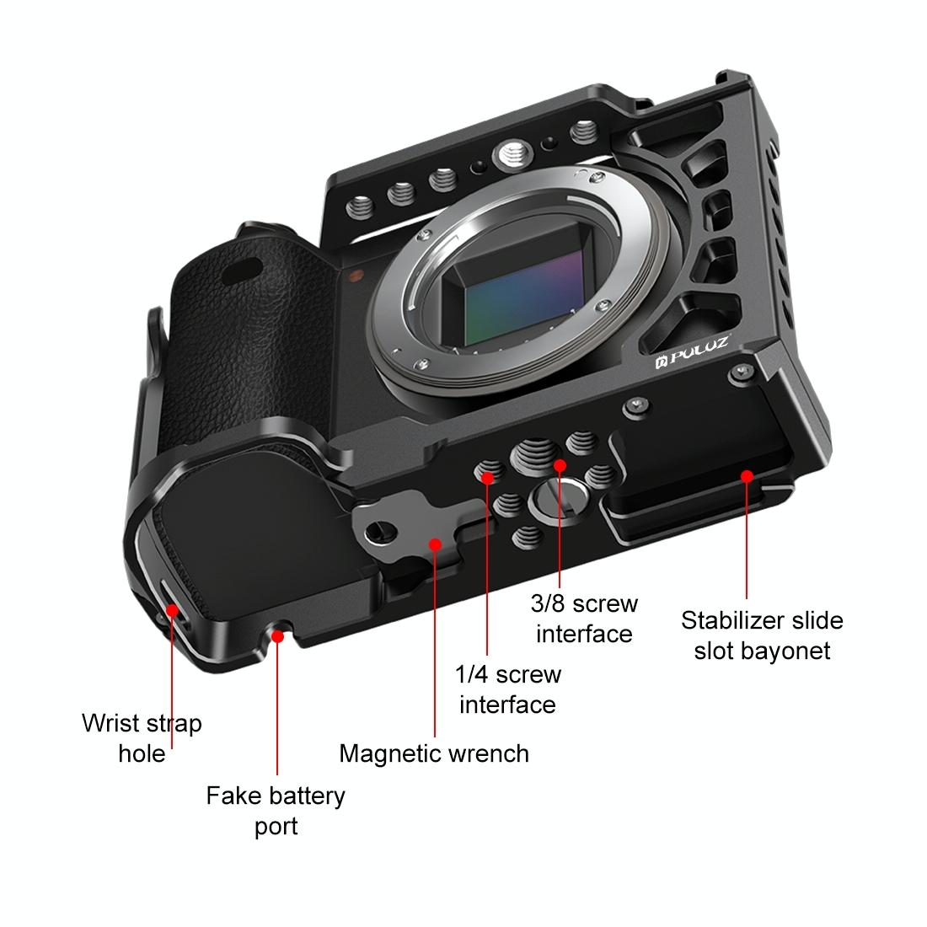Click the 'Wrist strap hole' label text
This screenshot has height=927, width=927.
coord(142,737)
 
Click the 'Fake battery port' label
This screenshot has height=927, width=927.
coord(276,810)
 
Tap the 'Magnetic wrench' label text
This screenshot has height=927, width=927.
coord(434,753)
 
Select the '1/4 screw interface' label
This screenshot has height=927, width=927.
coord(507,689)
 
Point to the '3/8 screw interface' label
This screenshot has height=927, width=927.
coord(584,618)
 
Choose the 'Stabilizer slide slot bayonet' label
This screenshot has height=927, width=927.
coord(762,635)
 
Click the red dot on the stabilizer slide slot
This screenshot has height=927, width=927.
coord(746,476)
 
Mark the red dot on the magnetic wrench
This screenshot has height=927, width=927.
coord(435,544)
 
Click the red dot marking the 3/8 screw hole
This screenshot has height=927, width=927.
coord(560,465)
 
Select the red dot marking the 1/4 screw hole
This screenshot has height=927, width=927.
coord(487,478)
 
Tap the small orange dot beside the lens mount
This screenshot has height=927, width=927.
coord(356,275)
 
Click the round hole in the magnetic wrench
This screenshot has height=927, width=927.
coord(381,531)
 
